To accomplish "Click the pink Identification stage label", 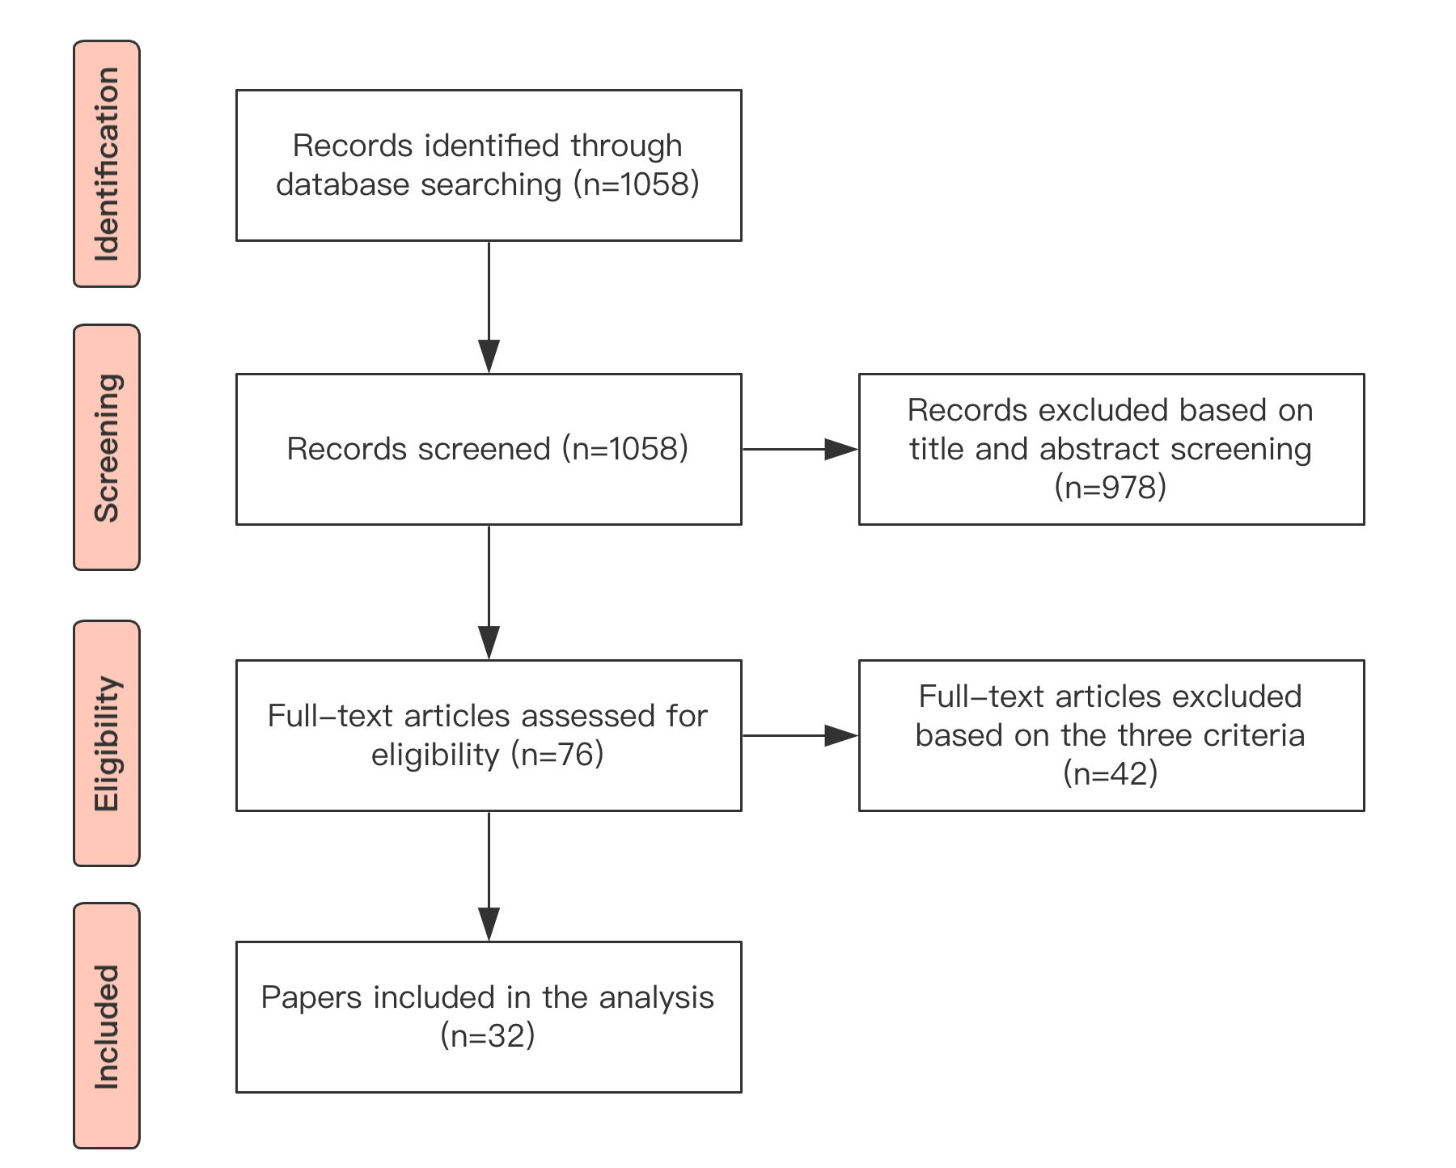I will point(107,164).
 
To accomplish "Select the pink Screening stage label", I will point(107,447).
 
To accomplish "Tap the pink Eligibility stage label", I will point(107,743).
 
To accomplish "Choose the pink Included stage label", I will point(107,1026).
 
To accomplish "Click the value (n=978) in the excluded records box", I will point(1111,487).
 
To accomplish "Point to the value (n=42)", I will point(1111,773).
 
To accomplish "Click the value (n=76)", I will point(557,755).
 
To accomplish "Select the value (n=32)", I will point(488,1035).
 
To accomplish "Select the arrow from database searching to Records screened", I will point(489,307).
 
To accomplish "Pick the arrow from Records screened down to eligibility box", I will point(489,592).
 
